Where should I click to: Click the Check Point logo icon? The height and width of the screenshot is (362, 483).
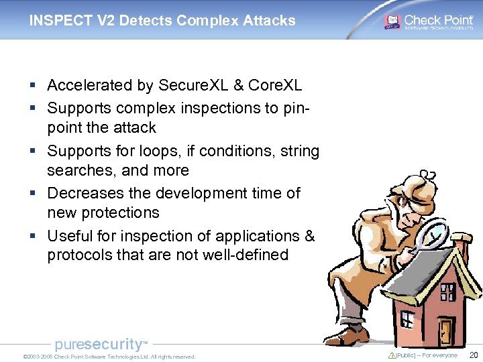coord(392,21)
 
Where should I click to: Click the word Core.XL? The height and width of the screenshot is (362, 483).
coord(275,86)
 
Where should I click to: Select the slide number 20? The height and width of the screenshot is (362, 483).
coord(474,355)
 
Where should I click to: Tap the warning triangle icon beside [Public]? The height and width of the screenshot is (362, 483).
coord(392,355)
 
